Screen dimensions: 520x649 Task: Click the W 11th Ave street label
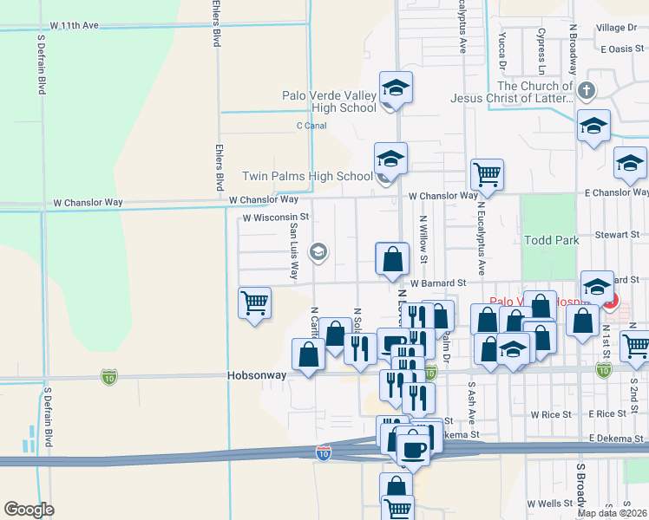(x=75, y=26)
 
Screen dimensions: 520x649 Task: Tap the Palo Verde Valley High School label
(x=330, y=101)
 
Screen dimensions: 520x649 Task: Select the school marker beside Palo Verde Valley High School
(x=395, y=88)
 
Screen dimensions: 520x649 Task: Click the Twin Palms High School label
(x=318, y=176)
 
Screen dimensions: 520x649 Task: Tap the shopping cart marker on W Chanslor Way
(x=487, y=173)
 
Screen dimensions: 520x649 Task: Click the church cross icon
(x=587, y=90)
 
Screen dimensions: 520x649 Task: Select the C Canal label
(x=311, y=126)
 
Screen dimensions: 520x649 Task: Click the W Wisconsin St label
(x=276, y=217)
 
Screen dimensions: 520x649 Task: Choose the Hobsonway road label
(x=258, y=376)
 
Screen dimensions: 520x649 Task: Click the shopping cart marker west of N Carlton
(x=255, y=303)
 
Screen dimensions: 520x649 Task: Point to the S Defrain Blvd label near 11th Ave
(x=41, y=65)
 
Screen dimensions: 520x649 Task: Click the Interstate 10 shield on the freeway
(x=323, y=452)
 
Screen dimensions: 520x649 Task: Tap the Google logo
(x=29, y=509)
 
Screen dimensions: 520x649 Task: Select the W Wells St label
(x=551, y=504)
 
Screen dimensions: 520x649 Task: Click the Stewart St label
(x=618, y=235)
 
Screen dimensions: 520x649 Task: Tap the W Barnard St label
(x=438, y=283)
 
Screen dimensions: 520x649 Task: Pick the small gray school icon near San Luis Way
(x=318, y=251)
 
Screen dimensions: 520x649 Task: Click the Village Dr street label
(x=616, y=29)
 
